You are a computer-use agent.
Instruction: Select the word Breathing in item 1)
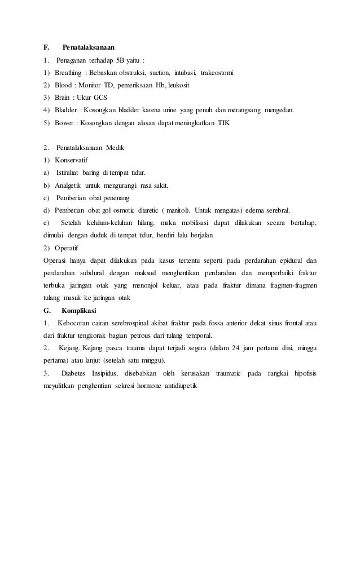[67, 73]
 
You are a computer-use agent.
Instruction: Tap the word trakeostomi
[217, 73]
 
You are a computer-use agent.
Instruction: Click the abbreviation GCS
[100, 98]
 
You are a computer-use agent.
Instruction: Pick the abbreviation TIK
[224, 122]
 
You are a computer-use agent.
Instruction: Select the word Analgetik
[67, 185]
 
